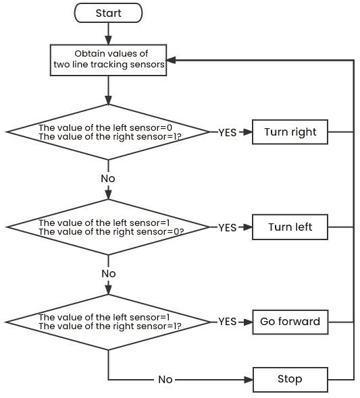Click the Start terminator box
(x=108, y=13)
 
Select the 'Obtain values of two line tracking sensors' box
(x=108, y=60)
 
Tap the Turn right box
(x=290, y=132)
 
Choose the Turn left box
(x=290, y=227)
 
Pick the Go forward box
(x=290, y=322)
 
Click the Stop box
(x=290, y=380)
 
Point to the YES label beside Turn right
(x=228, y=132)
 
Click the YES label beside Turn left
(x=228, y=228)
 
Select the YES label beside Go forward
(x=228, y=322)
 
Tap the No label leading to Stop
(x=165, y=380)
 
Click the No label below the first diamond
(x=108, y=179)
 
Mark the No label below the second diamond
(x=109, y=274)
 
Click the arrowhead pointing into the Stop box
(x=248, y=380)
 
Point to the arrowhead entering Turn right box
(x=247, y=132)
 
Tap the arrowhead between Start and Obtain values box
(x=108, y=40)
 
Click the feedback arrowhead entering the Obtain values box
(x=172, y=60)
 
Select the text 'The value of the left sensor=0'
(x=105, y=127)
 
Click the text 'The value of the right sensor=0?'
(x=111, y=232)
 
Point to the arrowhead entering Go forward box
(x=248, y=322)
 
